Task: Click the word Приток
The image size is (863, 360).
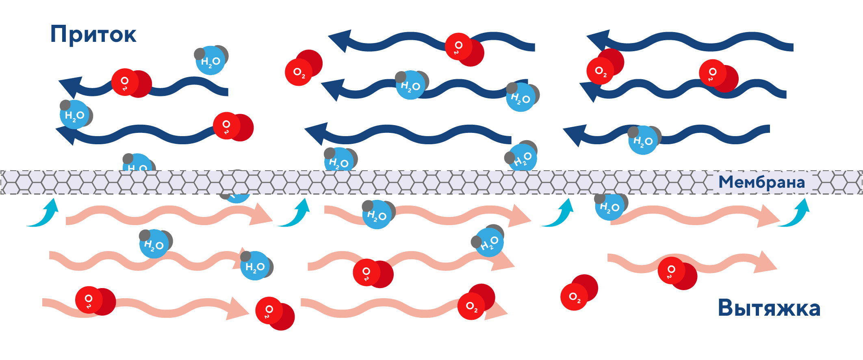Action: coord(93,35)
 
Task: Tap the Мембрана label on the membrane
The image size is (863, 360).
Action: coord(761,182)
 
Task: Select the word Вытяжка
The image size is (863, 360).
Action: coord(769,308)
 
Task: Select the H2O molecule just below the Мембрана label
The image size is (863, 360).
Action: coord(610,206)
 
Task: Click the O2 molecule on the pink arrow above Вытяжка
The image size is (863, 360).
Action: coord(677,273)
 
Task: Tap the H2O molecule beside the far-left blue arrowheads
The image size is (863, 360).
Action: coord(75,115)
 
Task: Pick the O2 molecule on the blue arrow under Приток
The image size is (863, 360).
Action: coord(131,83)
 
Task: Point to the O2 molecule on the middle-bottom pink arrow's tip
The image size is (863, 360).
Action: coord(475,302)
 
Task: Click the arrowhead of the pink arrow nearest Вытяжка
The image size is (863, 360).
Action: coord(766,262)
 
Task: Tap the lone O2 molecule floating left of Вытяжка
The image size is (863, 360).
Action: coord(578,293)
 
